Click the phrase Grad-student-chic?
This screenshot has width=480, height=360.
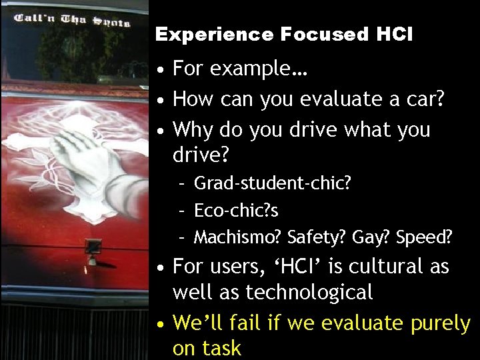pyautogui.click(x=272, y=183)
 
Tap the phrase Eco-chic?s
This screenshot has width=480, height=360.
pyautogui.click(x=236, y=210)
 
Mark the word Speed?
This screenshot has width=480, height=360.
pyautogui.click(x=424, y=237)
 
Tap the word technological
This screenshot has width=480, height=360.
pyautogui.click(x=309, y=292)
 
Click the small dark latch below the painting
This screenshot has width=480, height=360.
pyautogui.click(x=93, y=246)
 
